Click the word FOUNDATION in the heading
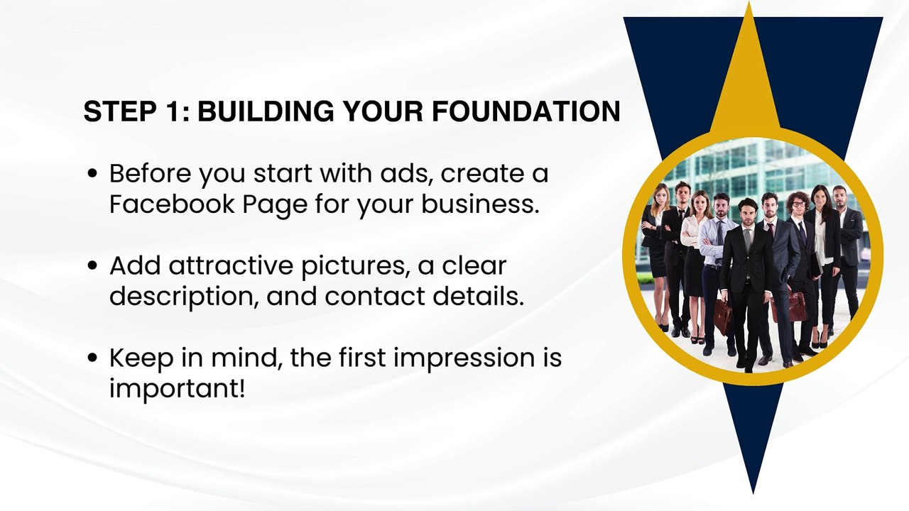coord(526,111)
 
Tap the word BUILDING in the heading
coord(266,111)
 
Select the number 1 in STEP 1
coord(172,111)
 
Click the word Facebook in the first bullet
coord(172,204)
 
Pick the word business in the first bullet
coord(481,204)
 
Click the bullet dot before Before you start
coord(92,174)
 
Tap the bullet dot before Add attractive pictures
coord(92,265)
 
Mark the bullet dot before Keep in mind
coord(92,358)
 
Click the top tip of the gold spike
coord(749,2)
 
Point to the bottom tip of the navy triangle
coord(753,493)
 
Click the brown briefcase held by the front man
coord(723,313)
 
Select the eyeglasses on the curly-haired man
coord(798,204)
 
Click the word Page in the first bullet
coord(275,205)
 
